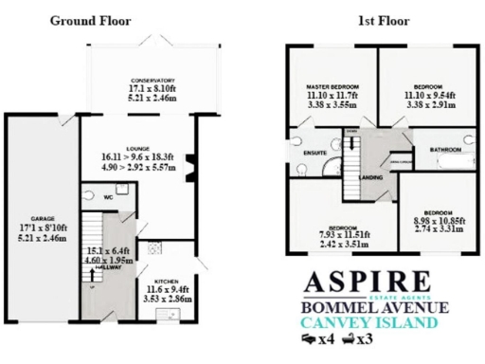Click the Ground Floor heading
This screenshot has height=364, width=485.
(x=90, y=20)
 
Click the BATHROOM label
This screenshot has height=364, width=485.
(x=444, y=150)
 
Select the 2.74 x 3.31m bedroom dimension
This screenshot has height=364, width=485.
(x=437, y=228)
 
